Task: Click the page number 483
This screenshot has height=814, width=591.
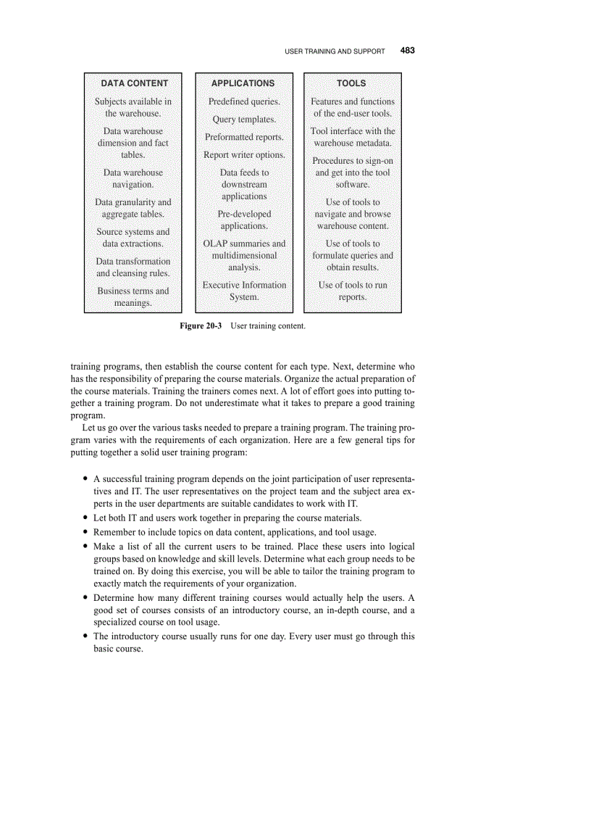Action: (407, 51)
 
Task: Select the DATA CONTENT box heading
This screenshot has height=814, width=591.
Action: (134, 83)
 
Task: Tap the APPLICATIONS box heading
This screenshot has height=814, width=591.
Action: (243, 83)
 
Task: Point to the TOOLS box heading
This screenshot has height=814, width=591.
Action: (351, 83)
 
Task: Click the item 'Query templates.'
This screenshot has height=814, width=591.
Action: (244, 120)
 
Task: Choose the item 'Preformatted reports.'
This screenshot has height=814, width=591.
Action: (244, 137)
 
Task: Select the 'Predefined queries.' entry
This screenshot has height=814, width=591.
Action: (244, 101)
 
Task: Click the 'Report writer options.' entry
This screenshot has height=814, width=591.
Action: (244, 155)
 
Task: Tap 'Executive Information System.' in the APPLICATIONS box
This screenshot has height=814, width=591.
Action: (244, 291)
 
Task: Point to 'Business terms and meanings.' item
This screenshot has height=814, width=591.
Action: (133, 296)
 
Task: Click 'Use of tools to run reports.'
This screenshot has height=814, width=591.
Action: (353, 291)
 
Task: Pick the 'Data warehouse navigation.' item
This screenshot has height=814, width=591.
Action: (133, 178)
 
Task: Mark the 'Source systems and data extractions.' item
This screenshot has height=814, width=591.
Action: (133, 238)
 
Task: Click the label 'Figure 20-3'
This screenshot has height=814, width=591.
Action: (201, 326)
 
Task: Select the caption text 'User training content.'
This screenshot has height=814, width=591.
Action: (268, 326)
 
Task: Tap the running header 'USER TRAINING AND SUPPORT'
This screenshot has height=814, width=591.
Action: (335, 51)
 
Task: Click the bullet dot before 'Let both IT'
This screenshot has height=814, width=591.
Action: (86, 518)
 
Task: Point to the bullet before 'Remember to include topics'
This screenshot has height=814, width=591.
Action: (86, 532)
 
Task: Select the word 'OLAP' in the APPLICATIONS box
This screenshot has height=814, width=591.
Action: (217, 244)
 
